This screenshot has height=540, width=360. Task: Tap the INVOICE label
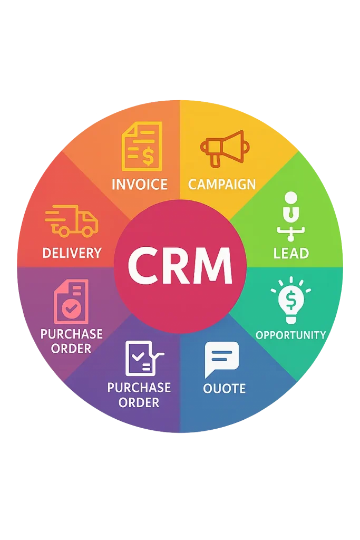point(140,185)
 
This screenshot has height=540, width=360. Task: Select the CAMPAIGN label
point(221,185)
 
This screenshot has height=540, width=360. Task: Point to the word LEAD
point(291,253)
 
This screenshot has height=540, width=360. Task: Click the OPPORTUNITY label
point(290,335)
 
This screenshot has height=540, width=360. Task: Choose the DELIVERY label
point(72,253)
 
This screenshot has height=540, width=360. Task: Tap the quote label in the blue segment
point(225,389)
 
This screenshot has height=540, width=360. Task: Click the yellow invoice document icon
point(141,146)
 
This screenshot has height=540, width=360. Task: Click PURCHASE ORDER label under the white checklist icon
point(139,395)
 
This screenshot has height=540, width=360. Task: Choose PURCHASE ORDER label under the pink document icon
point(72,341)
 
